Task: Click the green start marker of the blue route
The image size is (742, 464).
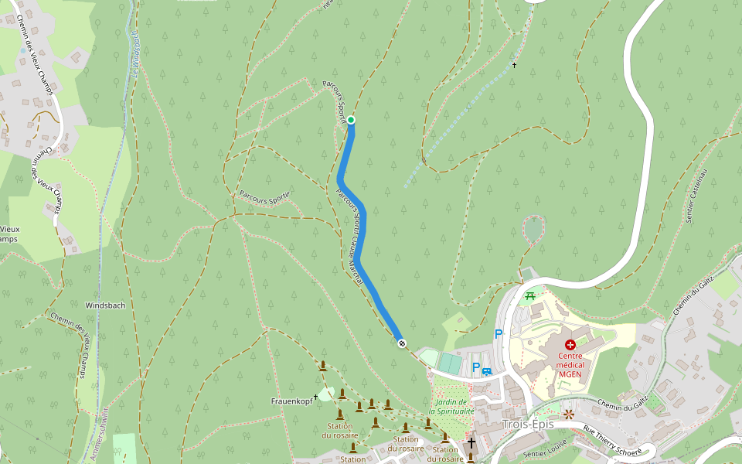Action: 351,120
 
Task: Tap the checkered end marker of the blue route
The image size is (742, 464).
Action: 401,343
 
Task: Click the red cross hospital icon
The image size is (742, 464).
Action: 570,344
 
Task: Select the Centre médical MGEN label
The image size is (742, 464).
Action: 570,365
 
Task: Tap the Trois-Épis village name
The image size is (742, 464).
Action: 528,425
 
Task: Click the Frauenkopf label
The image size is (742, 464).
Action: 291,401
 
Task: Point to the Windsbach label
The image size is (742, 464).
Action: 105,305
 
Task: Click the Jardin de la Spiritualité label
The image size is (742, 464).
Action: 451,407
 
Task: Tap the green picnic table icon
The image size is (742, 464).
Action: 530,295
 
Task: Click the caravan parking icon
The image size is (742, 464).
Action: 487,372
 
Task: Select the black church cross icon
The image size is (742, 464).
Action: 471,443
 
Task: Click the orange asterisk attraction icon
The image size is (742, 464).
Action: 570,415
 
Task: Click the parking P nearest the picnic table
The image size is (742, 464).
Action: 499,333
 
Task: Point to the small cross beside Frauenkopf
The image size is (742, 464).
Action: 316,396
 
